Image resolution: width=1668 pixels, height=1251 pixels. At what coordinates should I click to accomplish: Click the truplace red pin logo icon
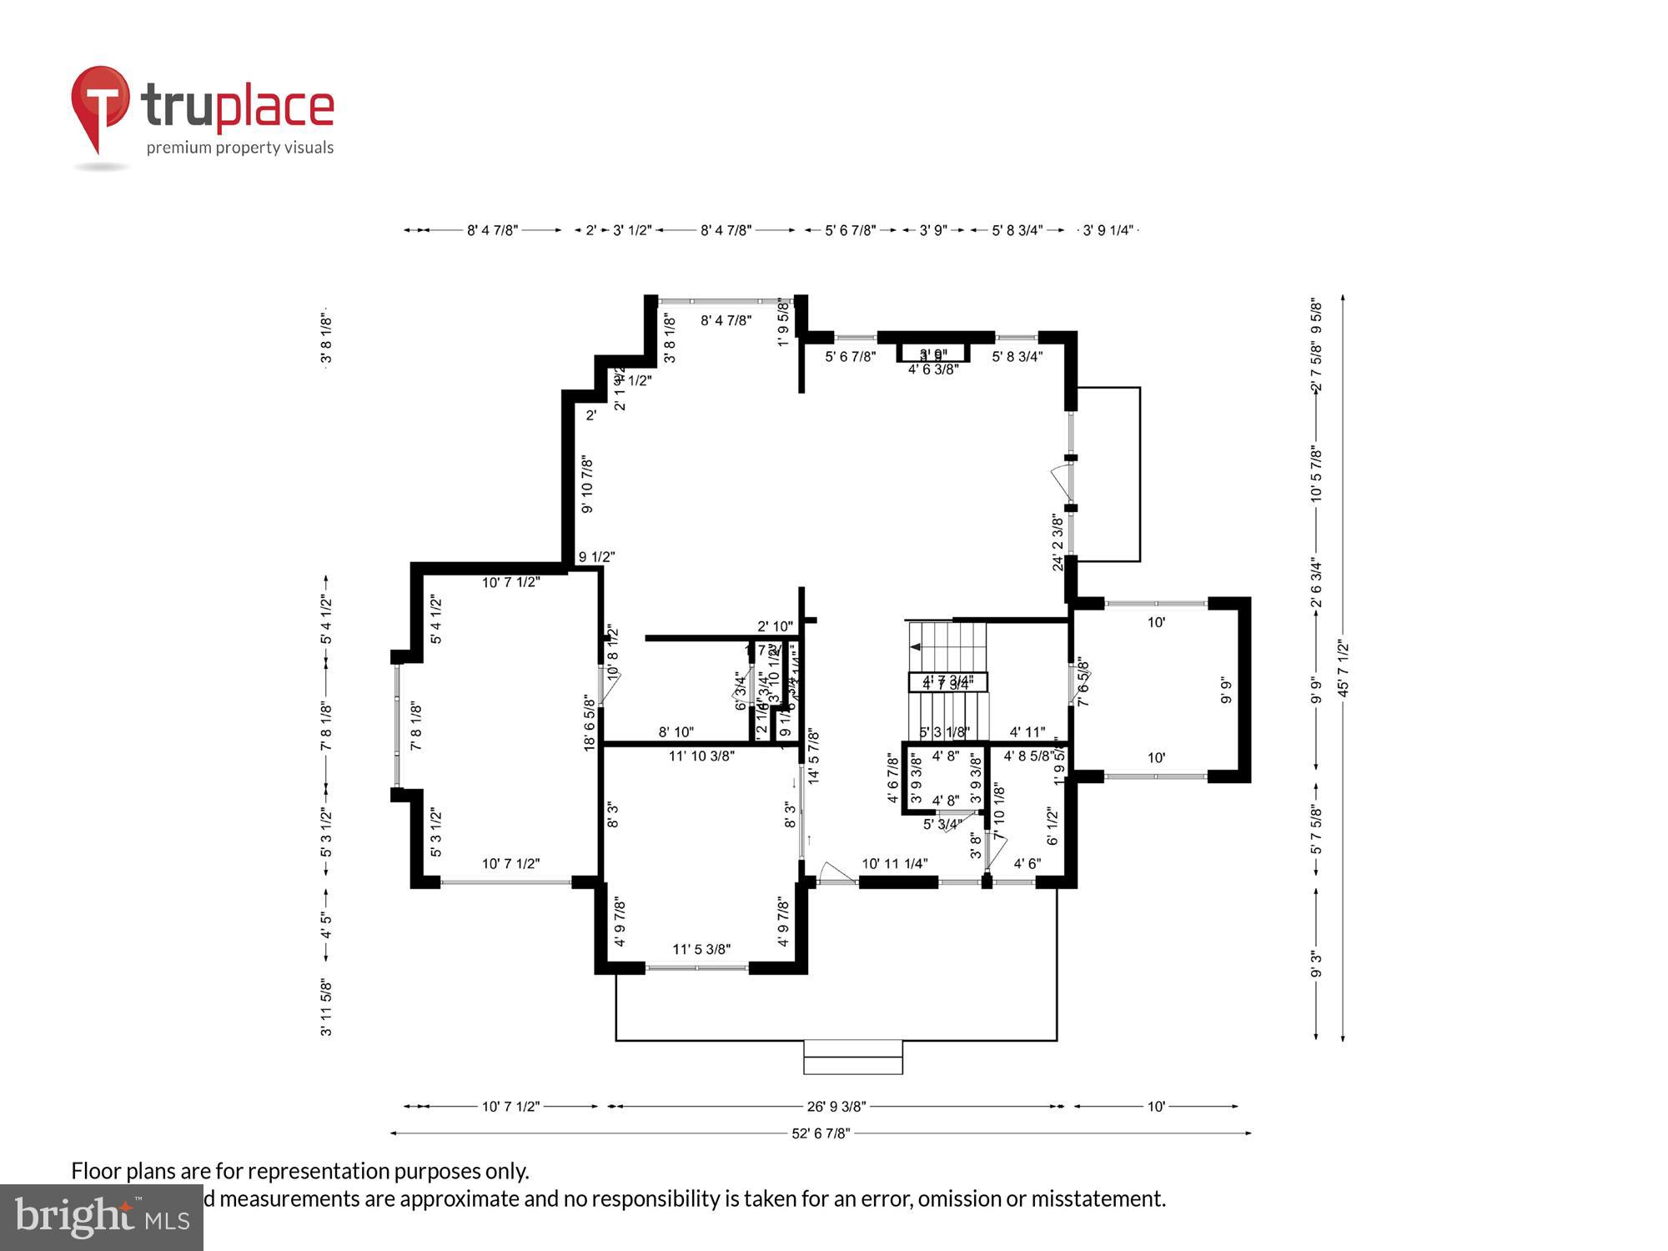coord(100,104)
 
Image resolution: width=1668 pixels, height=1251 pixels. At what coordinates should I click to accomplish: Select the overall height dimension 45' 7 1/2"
coord(1342,667)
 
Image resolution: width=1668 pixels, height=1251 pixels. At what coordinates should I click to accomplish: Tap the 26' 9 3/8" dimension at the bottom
coord(836,1107)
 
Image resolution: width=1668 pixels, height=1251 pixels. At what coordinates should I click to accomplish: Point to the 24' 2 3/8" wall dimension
coord(1058,542)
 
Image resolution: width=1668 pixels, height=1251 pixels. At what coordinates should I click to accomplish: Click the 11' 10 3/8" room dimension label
coord(701,756)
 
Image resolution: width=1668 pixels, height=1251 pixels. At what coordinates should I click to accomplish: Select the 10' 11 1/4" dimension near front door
coord(894,864)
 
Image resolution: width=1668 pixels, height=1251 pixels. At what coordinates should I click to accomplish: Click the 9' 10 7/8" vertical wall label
coord(587,485)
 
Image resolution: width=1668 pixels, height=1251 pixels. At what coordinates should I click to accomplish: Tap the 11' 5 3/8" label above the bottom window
coord(701,949)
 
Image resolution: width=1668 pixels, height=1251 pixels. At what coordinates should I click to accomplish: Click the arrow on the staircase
coord(916,647)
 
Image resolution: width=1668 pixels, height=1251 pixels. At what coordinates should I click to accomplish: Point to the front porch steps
coord(852,1057)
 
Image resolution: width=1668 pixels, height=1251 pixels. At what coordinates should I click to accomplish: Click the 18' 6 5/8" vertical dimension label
coord(590,723)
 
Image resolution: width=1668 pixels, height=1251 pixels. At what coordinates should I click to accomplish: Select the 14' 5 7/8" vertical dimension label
coord(814,756)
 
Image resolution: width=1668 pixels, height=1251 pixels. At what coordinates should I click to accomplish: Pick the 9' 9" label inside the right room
coord(1225,691)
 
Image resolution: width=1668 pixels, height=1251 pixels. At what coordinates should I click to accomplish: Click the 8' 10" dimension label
coord(676,732)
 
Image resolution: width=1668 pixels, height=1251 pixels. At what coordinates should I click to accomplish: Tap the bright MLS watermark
coord(101,1218)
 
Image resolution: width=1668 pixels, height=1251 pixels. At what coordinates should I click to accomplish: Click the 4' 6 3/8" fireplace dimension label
coord(932,369)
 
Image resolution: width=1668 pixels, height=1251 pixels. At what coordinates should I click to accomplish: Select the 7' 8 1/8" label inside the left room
coord(416,726)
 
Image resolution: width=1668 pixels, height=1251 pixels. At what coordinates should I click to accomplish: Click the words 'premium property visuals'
coord(239,148)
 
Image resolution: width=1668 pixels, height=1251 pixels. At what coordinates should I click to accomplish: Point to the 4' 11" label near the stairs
coord(1027,732)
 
